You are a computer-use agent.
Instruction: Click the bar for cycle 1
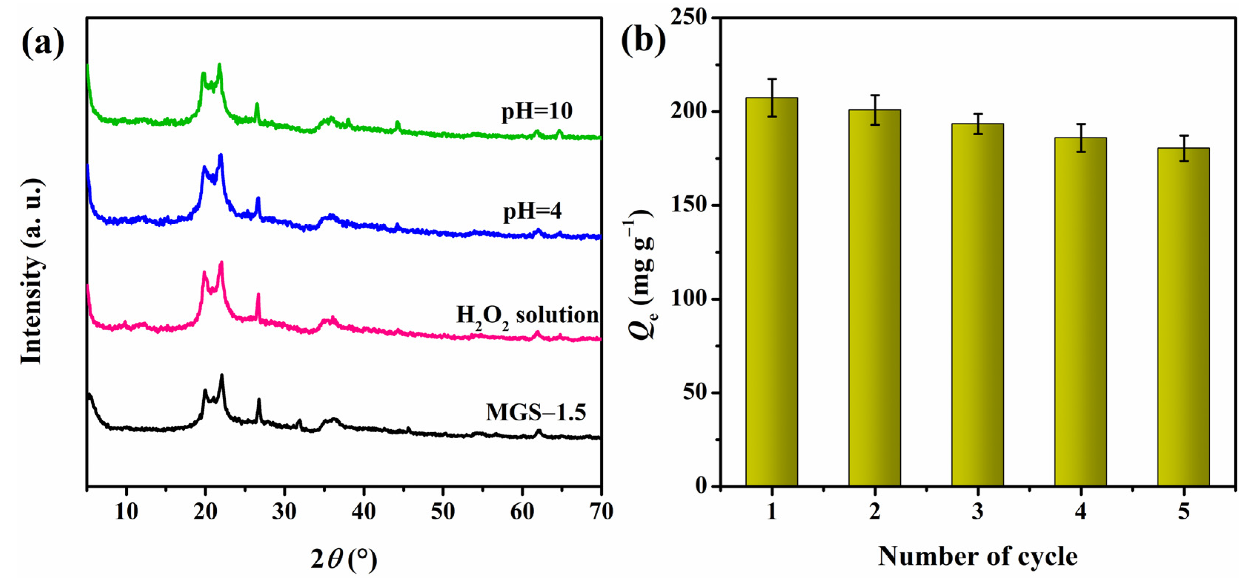tap(771, 292)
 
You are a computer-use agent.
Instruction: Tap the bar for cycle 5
tap(1183, 317)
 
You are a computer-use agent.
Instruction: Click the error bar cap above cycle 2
tap(875, 95)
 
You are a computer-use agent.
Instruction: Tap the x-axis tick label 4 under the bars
tap(1080, 511)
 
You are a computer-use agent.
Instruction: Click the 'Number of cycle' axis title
tap(977, 556)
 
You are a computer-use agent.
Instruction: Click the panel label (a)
tap(43, 43)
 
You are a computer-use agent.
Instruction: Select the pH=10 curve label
tap(537, 111)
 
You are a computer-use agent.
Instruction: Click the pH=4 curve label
tap(532, 211)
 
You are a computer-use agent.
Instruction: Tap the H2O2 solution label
tap(527, 316)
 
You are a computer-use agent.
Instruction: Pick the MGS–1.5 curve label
tap(536, 412)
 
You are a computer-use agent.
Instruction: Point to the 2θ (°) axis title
tap(343, 559)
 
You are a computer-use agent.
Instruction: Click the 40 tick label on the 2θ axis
tap(363, 511)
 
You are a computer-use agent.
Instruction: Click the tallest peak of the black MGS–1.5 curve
tap(222, 376)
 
